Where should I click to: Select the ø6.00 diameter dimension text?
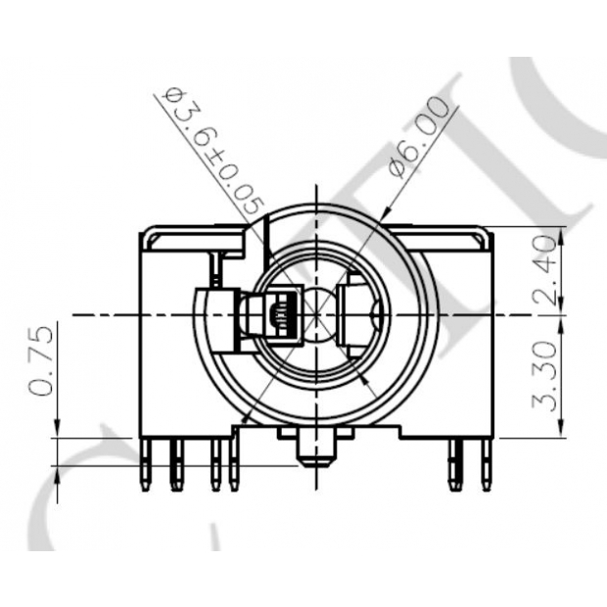click(x=423, y=136)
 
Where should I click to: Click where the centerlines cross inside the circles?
click(x=315, y=315)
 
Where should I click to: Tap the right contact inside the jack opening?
click(x=360, y=315)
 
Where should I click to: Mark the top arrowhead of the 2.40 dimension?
click(x=562, y=235)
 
